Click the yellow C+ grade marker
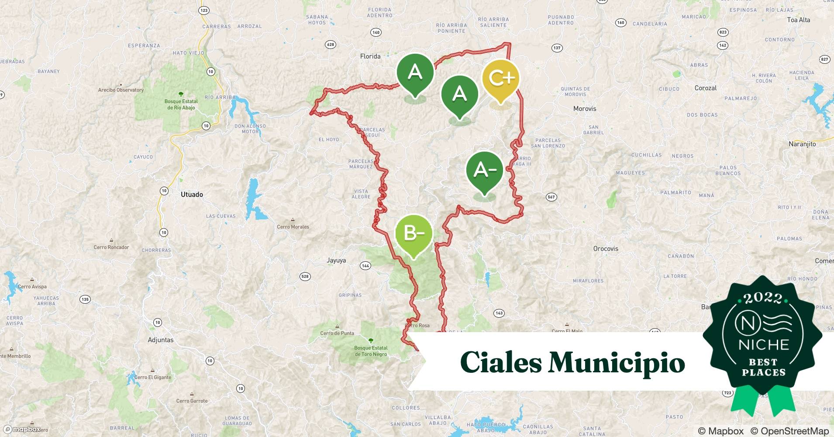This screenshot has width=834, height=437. (501, 79)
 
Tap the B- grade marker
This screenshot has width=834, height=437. (414, 233)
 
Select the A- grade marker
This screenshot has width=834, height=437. (484, 170)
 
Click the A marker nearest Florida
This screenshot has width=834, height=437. (415, 73)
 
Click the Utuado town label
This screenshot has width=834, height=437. (192, 194)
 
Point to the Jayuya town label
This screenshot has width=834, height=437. (336, 260)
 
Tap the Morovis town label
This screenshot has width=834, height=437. (584, 109)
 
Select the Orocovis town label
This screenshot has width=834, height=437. (606, 249)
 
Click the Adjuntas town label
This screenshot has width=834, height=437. (161, 340)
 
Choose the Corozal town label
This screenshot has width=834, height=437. (706, 88)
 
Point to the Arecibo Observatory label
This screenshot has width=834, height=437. (121, 90)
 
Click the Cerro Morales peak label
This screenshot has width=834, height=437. (293, 227)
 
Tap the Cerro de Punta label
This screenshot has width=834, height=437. (337, 333)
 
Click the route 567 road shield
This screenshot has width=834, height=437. (551, 197)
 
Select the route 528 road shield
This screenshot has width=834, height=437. (305, 276)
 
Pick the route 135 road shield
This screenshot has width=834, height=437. (85, 299)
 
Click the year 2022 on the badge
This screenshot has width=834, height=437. (762, 298)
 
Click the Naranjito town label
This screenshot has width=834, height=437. (802, 144)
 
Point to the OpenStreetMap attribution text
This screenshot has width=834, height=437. (789, 431)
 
